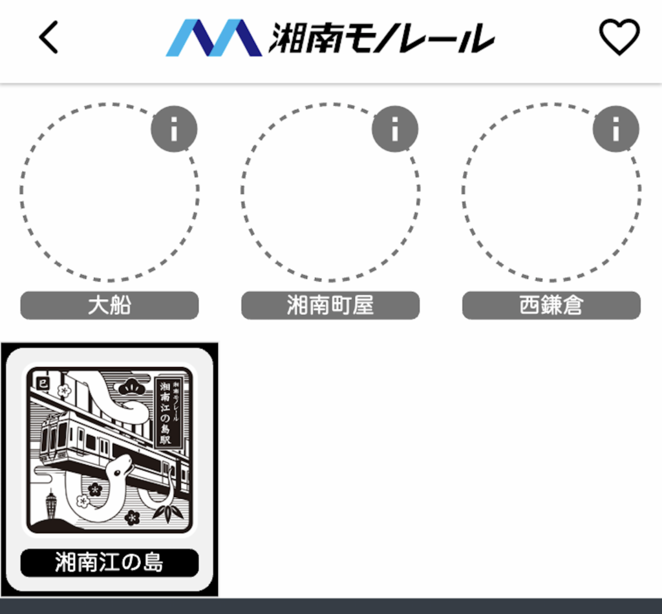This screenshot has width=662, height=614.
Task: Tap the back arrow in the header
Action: tap(49, 37)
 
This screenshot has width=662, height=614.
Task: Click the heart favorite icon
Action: tap(619, 37)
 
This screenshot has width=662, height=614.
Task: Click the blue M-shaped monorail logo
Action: tap(213, 37)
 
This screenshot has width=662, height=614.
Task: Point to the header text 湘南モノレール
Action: tap(381, 38)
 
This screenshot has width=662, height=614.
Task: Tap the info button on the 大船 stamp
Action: tap(173, 129)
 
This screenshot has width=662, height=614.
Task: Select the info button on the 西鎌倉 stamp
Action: tap(615, 129)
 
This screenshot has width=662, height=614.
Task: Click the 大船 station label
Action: tap(109, 305)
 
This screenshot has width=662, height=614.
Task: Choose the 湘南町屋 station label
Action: tap(330, 305)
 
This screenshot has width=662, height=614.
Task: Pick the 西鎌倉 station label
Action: tap(551, 305)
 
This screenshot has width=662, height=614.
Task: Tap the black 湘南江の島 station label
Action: tap(109, 562)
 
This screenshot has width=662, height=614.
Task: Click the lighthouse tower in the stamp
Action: tap(51, 505)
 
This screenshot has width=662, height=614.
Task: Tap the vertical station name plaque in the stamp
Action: tap(170, 411)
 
